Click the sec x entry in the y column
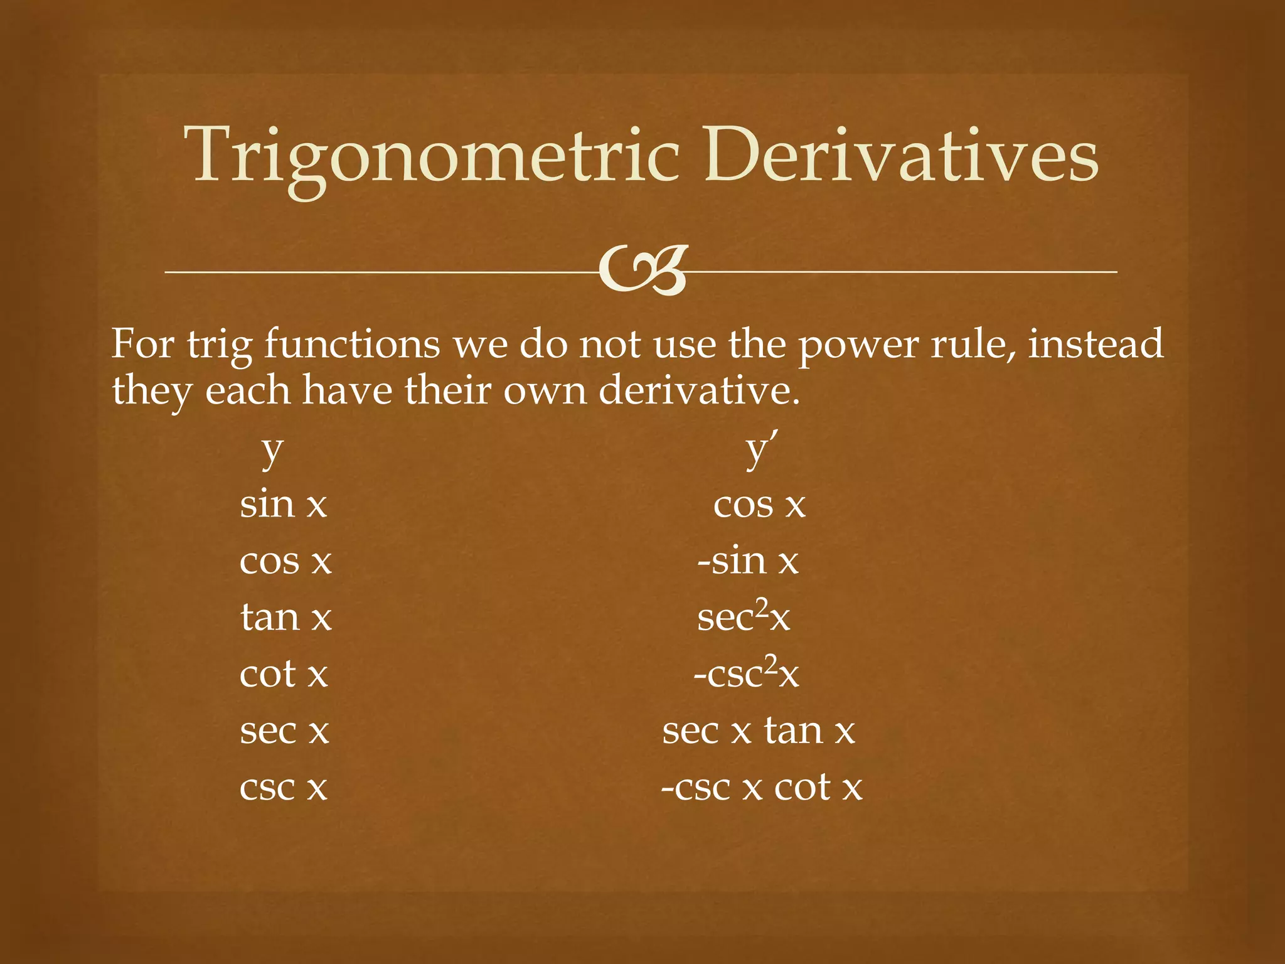click(284, 731)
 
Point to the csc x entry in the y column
click(284, 787)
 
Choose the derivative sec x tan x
click(759, 731)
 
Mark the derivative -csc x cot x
click(762, 787)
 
